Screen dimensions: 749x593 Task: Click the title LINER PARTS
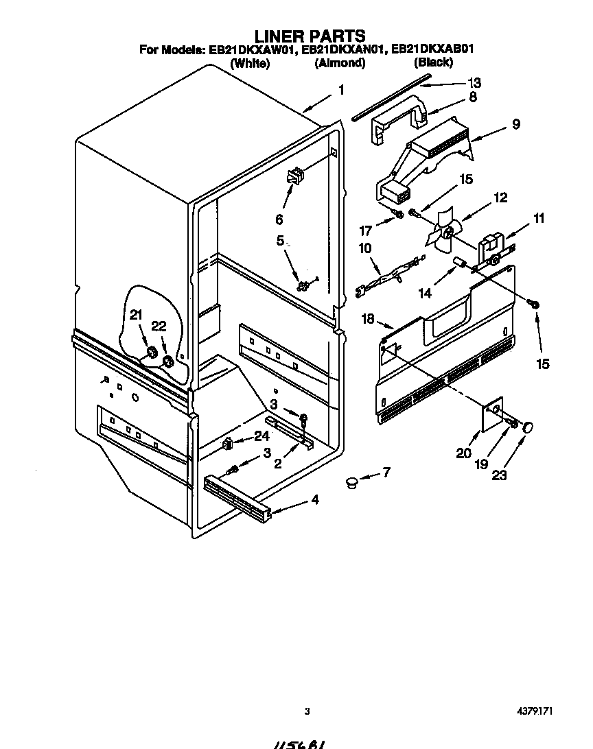[309, 36]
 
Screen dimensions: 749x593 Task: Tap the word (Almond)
[339, 63]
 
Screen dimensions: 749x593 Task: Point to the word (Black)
[433, 62]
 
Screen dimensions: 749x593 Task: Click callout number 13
[474, 83]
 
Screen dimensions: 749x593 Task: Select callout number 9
[515, 124]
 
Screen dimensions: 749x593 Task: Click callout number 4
[314, 500]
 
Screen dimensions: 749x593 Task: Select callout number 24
[261, 435]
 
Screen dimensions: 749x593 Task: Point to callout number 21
[137, 315]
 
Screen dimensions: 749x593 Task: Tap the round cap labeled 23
[528, 428]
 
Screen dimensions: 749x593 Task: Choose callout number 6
[279, 219]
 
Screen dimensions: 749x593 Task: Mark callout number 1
[340, 89]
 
